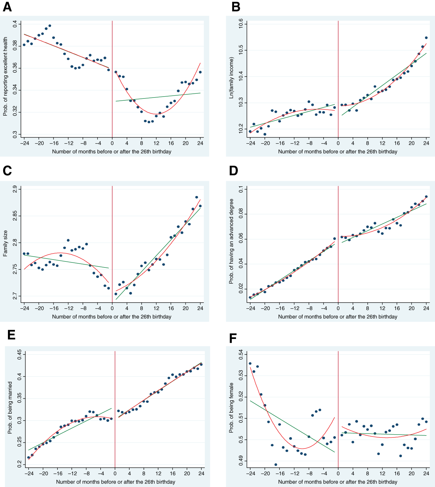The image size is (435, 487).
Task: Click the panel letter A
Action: (x=7, y=7)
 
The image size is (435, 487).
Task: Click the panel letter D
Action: (x=233, y=171)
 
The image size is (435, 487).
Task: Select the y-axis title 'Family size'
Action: (x=5, y=244)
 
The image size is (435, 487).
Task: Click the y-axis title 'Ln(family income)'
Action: (x=231, y=78)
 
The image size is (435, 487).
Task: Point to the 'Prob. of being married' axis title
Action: (x=10, y=408)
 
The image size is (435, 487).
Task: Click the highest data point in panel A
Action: (x=50, y=26)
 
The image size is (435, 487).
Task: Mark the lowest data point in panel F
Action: (x=276, y=464)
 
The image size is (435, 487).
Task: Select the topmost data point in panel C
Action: (x=197, y=197)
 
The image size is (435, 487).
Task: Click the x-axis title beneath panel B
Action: (x=338, y=152)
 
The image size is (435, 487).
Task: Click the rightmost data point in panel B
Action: (x=426, y=38)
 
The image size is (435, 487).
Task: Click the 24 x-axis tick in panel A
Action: (x=200, y=143)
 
